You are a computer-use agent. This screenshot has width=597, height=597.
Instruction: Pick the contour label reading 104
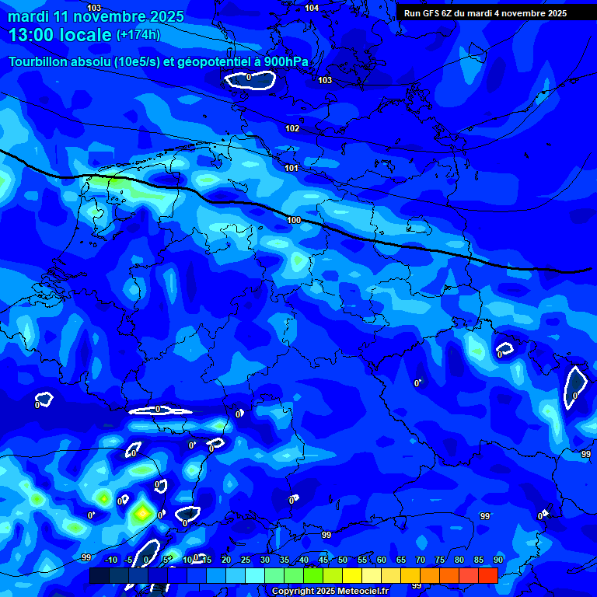(312, 8)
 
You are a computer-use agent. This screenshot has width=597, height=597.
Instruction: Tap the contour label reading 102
(292, 128)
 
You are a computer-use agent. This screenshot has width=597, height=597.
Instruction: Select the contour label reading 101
(292, 168)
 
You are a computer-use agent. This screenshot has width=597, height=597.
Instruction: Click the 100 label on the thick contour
(294, 220)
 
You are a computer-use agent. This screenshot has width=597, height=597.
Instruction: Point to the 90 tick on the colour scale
(497, 560)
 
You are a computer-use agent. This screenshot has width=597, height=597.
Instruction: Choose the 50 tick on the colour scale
(343, 560)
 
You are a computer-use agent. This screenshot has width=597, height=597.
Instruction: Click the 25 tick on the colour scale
(246, 560)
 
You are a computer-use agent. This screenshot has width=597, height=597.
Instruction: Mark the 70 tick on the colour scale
(421, 560)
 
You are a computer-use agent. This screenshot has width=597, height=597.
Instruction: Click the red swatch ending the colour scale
(487, 575)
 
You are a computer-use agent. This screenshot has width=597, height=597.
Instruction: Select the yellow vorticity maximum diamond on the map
(141, 512)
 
